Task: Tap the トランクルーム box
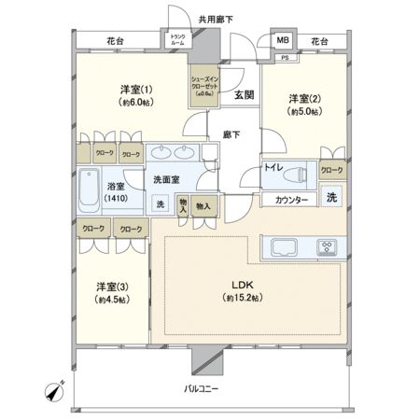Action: click(176, 41)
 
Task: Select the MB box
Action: click(282, 40)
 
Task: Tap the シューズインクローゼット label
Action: click(205, 84)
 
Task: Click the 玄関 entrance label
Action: click(245, 93)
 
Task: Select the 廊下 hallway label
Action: click(231, 134)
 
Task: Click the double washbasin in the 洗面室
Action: click(171, 153)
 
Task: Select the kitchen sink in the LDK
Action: click(284, 247)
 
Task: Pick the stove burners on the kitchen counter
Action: click(328, 247)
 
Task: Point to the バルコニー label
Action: click(200, 387)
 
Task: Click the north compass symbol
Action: click(55, 394)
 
